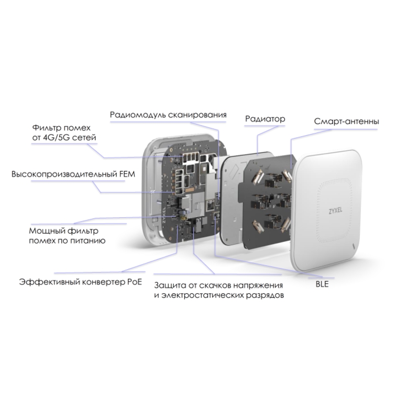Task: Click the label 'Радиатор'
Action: [265, 119]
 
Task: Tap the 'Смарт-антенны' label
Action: [347, 122]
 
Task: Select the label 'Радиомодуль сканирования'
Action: [168, 115]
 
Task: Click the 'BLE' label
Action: [322, 284]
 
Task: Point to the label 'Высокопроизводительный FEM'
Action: [73, 174]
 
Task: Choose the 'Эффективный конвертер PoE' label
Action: [81, 282]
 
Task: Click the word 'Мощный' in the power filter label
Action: [47, 230]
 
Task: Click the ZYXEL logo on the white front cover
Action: [335, 211]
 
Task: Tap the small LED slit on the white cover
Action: [354, 245]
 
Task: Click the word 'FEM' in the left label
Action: [127, 174]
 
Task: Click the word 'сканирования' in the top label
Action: [197, 115]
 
